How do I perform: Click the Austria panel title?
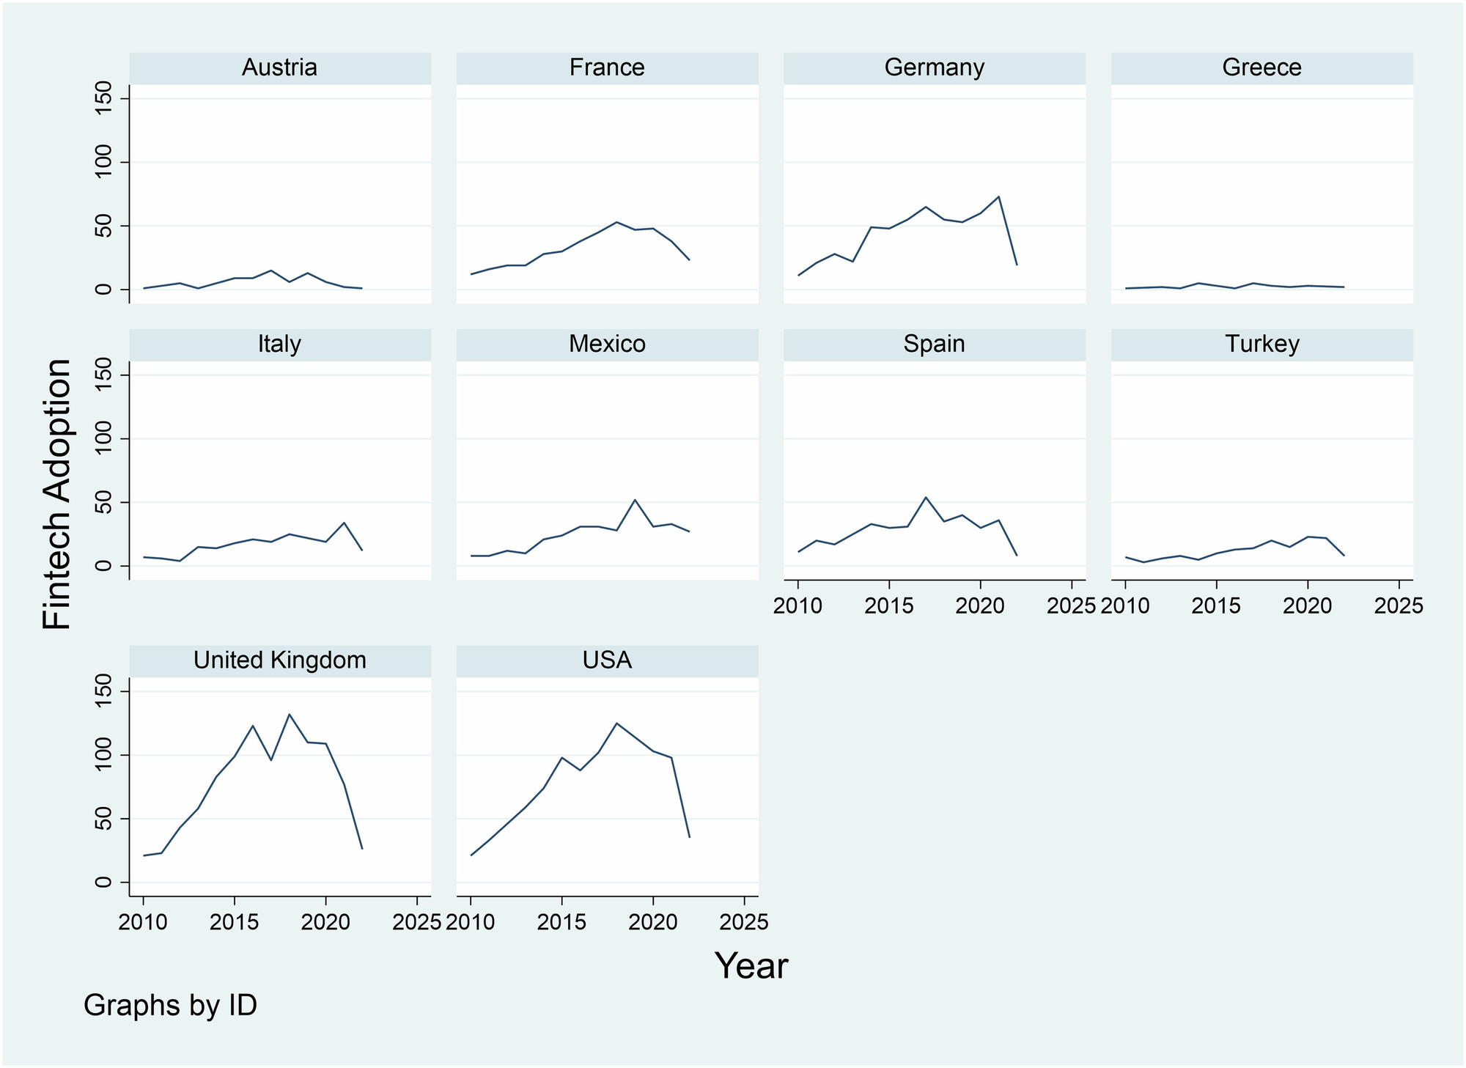coord(279,67)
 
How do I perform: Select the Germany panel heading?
coord(934,67)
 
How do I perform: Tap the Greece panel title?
coord(1261,67)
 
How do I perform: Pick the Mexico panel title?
coord(607,344)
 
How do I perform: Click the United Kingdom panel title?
coord(279,660)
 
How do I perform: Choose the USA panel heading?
coord(607,660)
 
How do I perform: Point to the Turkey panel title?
coord(1261,344)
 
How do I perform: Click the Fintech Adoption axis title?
coord(57,494)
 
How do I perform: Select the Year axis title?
coord(751,966)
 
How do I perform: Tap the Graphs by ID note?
coord(170,1005)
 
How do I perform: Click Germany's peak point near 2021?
coord(998,196)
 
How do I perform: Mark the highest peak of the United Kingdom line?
coord(290,714)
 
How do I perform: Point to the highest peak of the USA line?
coord(616,723)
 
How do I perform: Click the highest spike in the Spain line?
coord(926,498)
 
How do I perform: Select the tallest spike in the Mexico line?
coord(635,500)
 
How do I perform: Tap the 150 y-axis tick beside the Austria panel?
coord(103,98)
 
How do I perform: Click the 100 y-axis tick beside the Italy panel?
coord(103,438)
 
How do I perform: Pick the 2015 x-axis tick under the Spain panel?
coord(889,606)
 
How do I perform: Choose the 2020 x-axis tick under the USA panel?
coord(653,922)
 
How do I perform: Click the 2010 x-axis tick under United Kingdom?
coord(144,922)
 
